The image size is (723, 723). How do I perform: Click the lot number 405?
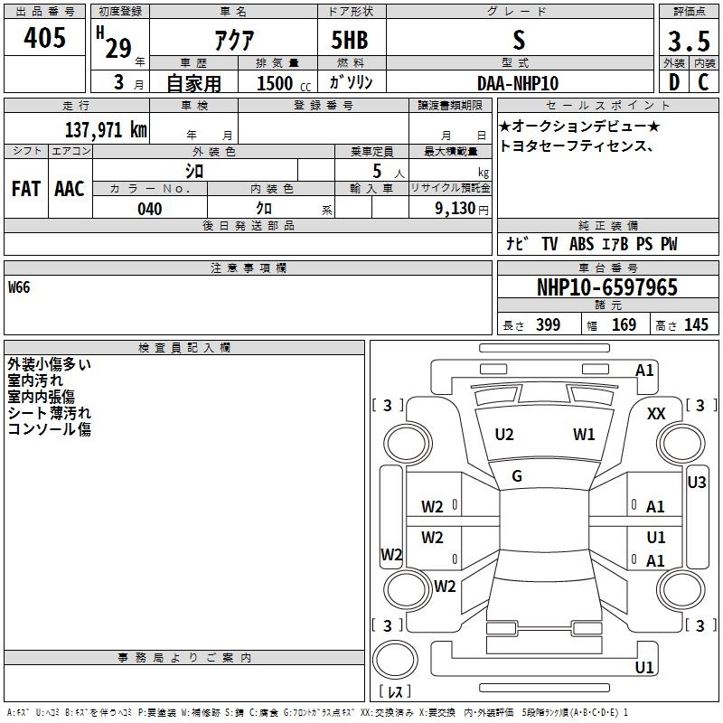tap(44, 37)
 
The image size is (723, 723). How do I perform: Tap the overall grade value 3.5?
tap(689, 41)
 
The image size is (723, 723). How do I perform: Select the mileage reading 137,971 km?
tap(106, 130)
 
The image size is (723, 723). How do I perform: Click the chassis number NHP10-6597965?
tap(607, 287)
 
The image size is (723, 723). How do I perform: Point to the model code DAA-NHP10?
tap(518, 83)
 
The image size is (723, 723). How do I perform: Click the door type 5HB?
tap(350, 40)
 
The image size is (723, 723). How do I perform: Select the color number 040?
tap(150, 209)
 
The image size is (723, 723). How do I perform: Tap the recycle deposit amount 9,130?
tap(455, 209)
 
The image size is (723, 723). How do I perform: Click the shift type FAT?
tap(26, 189)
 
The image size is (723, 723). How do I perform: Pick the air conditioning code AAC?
tap(70, 189)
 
